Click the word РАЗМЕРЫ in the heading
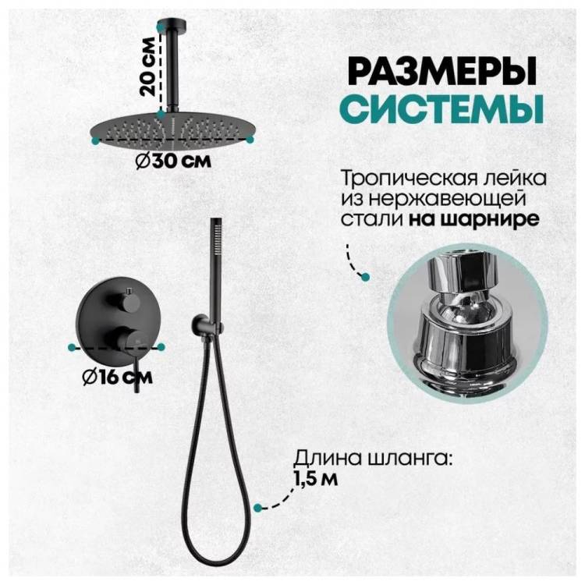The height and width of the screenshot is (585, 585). point(442,71)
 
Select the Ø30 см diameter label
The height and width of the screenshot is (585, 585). point(173,161)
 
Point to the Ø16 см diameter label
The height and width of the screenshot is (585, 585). point(118,377)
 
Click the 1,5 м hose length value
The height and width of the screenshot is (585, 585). point(316,479)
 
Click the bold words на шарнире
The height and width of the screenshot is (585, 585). point(474,219)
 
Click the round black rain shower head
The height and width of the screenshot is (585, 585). point(172,130)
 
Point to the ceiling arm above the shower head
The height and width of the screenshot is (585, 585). point(174,65)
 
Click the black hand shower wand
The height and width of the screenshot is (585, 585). point(214,271)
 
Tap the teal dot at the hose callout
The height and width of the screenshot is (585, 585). point(257,507)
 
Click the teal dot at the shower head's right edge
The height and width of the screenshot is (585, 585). point(250,139)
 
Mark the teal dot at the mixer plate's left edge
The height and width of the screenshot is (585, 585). point(71,347)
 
